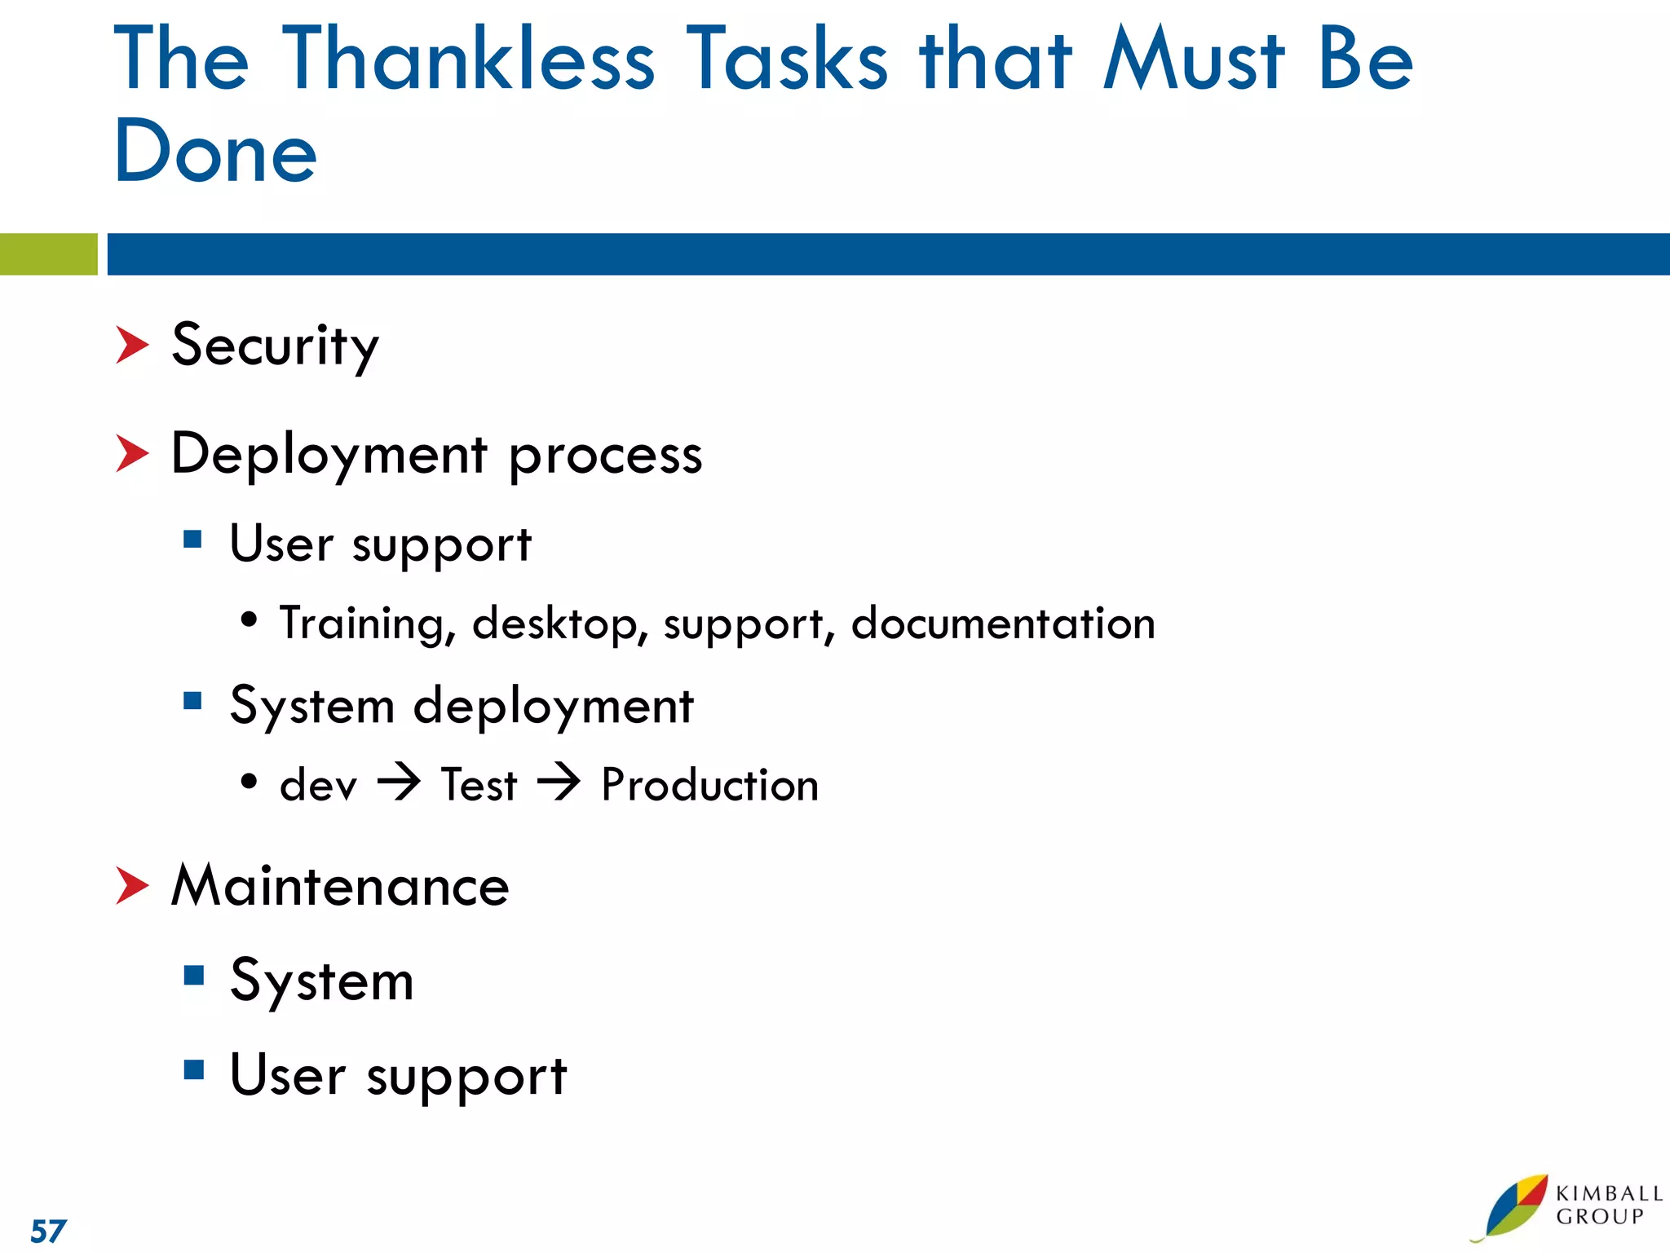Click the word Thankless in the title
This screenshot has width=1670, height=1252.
468,59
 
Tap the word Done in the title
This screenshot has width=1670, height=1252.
215,152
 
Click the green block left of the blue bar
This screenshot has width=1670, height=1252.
48,254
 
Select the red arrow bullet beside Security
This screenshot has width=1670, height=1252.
131,345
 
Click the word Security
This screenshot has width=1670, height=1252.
276,346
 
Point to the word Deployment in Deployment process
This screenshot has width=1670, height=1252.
329,455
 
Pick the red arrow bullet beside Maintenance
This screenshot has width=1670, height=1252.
131,886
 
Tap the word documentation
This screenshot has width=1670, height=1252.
1003,624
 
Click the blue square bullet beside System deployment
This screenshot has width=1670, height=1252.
192,701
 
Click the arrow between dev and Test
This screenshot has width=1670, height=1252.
399,783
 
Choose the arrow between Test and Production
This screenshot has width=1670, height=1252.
559,783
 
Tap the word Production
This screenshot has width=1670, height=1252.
709,785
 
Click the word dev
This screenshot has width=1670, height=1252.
318,786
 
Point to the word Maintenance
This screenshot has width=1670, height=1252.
340,886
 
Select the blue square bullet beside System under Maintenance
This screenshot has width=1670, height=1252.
193,976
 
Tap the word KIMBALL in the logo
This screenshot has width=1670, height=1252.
1609,1194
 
